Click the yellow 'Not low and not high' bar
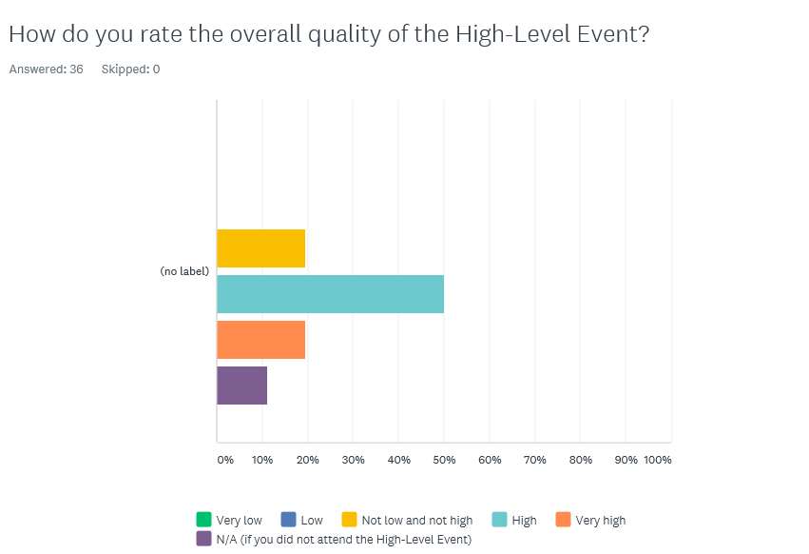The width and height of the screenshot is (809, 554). (x=260, y=248)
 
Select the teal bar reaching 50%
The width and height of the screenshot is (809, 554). (x=330, y=294)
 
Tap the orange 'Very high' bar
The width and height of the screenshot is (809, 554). (x=260, y=340)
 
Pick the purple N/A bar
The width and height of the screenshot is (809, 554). (x=241, y=386)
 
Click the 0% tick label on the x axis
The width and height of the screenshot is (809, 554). (x=225, y=460)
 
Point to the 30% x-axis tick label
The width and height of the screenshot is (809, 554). (x=353, y=460)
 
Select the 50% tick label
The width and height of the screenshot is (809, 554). (x=444, y=460)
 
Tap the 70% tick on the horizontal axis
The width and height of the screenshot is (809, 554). (x=535, y=460)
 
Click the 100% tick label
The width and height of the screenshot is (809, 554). (x=658, y=460)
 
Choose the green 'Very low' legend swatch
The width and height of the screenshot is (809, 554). (x=203, y=520)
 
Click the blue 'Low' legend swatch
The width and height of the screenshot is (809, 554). (x=288, y=520)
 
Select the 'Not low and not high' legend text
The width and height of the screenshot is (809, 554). (x=416, y=521)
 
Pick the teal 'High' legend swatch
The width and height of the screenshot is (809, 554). (x=499, y=520)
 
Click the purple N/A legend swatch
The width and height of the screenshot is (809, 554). (x=203, y=539)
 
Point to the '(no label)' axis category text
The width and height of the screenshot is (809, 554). (x=184, y=271)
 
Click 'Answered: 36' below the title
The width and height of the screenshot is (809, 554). (x=46, y=69)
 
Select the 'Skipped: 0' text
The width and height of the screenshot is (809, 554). (x=130, y=69)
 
